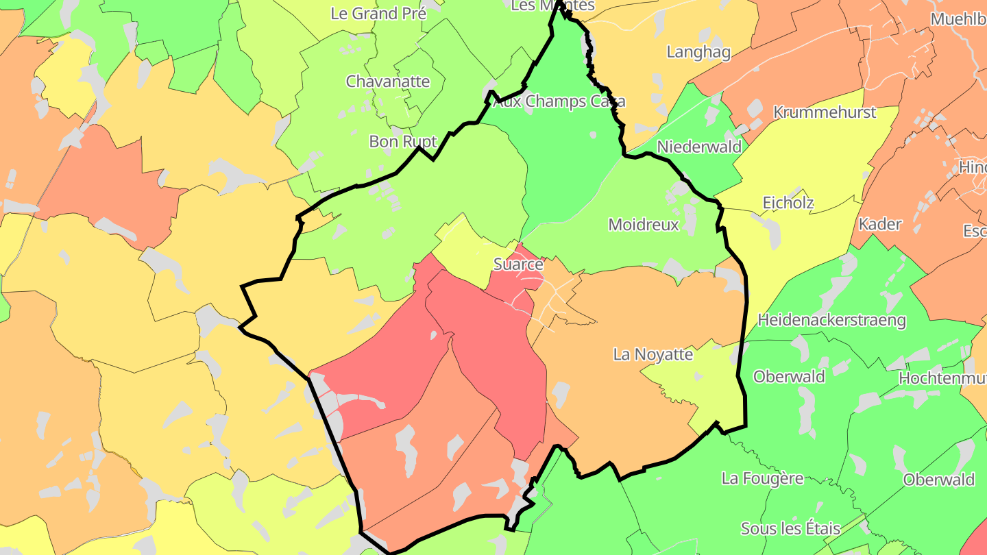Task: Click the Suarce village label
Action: (518, 264)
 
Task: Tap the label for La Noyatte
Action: (653, 355)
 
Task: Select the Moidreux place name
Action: (644, 225)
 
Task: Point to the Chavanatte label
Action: (388, 82)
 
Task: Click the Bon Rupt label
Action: (403, 142)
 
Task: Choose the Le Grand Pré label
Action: (378, 13)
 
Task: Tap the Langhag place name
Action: (698, 52)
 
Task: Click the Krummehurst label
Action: (825, 112)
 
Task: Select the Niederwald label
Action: (699, 147)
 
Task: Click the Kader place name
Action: (880, 224)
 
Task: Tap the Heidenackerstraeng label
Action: (831, 320)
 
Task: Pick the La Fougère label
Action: (762, 478)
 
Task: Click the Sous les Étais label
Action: (790, 529)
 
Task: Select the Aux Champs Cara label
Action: (559, 102)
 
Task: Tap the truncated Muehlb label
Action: (958, 19)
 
